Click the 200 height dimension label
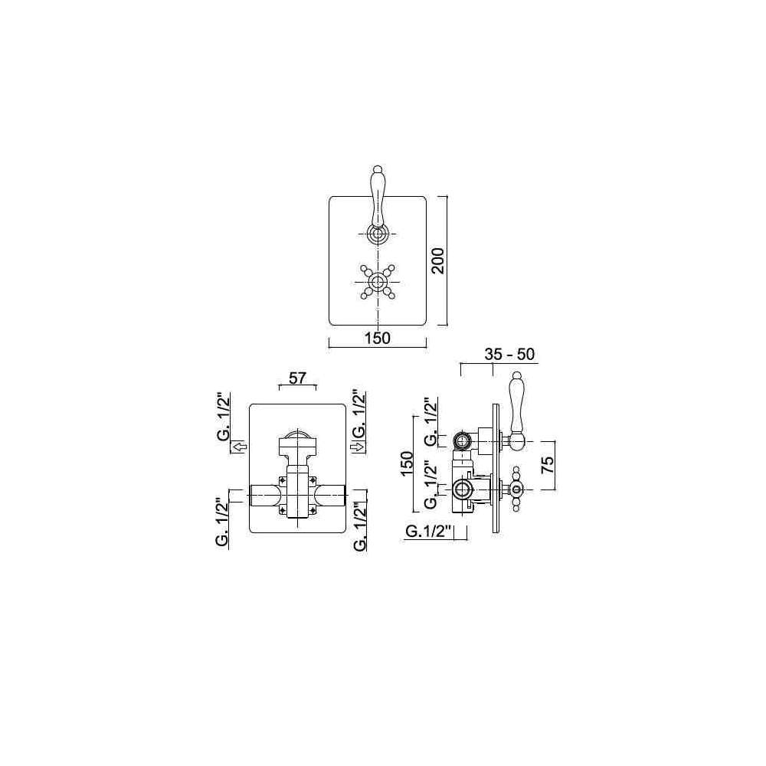coord(439,261)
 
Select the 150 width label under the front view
coord(378,338)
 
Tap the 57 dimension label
coord(297,378)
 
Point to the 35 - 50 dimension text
coord(509,354)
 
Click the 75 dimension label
coord(548,465)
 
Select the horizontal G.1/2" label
coord(430,532)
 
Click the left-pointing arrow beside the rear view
coord(239,447)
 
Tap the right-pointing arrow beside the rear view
coord(357,447)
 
